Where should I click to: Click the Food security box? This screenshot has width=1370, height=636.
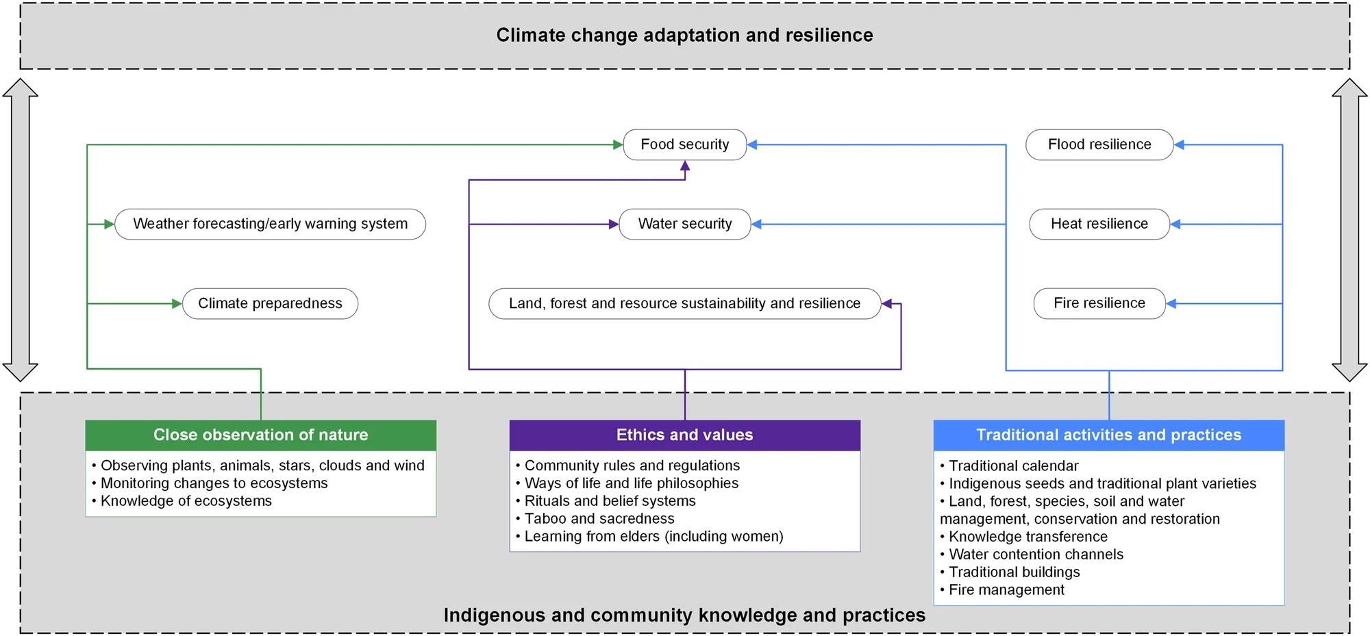(x=685, y=144)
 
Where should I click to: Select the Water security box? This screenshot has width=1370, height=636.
(x=685, y=224)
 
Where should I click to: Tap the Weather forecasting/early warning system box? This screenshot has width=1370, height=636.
(x=270, y=224)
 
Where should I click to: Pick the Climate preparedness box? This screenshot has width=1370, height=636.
(x=270, y=303)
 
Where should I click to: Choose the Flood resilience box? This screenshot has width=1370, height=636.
(x=1099, y=144)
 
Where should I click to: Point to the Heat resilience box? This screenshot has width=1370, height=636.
(x=1099, y=224)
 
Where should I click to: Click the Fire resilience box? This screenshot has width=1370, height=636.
(x=1099, y=303)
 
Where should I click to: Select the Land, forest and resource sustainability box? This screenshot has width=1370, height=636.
(x=685, y=303)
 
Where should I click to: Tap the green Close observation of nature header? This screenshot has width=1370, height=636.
(x=261, y=435)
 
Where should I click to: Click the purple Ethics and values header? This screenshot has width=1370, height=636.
(x=685, y=435)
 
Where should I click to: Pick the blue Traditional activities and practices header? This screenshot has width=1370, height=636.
(x=1109, y=435)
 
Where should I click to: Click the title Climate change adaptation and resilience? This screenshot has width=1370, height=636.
(x=685, y=35)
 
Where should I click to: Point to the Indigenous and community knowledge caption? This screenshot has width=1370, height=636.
(x=685, y=615)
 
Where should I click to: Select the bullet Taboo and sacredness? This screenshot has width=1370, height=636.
(x=595, y=518)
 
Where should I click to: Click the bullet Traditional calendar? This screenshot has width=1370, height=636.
(x=1010, y=466)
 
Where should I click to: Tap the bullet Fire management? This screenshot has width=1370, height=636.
(x=1003, y=590)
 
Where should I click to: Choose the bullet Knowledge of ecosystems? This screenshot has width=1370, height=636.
(x=182, y=501)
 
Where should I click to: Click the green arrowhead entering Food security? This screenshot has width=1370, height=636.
(x=618, y=144)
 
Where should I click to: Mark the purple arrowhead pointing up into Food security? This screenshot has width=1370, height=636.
(x=685, y=166)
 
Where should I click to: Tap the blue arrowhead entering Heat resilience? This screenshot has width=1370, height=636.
(x=1175, y=224)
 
